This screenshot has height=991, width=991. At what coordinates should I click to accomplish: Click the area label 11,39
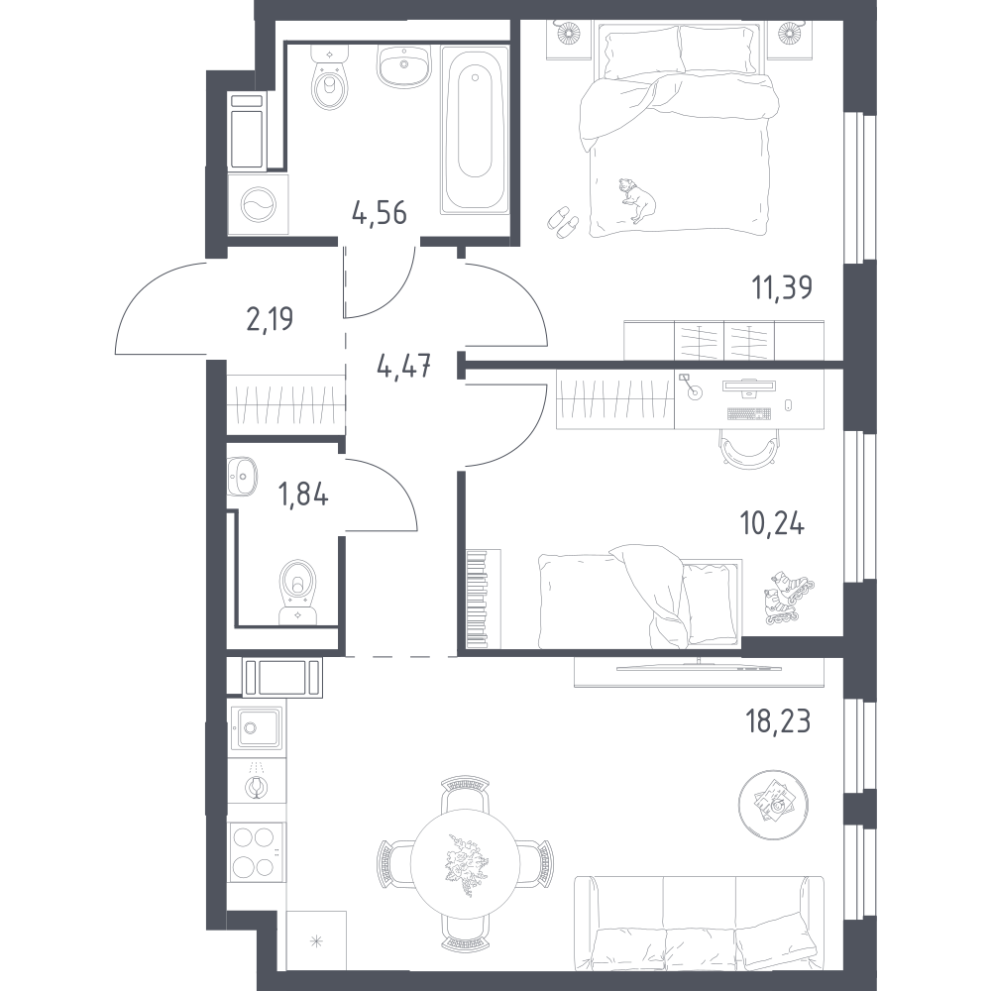point(781,287)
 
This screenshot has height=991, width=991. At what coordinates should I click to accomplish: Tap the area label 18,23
point(778,721)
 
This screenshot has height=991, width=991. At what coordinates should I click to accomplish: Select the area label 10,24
point(772,524)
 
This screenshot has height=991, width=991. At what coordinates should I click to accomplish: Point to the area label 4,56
point(380,213)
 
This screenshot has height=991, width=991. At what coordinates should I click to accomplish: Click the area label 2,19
point(270,319)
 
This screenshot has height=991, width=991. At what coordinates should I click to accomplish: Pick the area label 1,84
point(303,495)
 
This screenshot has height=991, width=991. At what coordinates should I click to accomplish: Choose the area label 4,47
point(404,366)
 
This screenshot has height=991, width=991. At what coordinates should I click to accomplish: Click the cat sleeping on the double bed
point(637,199)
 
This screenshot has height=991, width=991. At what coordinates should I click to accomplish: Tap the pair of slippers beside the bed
point(563,222)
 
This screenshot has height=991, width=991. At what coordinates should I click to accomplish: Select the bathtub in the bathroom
point(475,130)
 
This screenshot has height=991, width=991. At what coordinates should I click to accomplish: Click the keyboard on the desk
point(749,413)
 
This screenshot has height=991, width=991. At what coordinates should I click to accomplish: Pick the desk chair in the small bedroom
point(747,448)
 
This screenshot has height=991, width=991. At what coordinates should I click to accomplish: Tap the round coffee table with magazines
point(774,804)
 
